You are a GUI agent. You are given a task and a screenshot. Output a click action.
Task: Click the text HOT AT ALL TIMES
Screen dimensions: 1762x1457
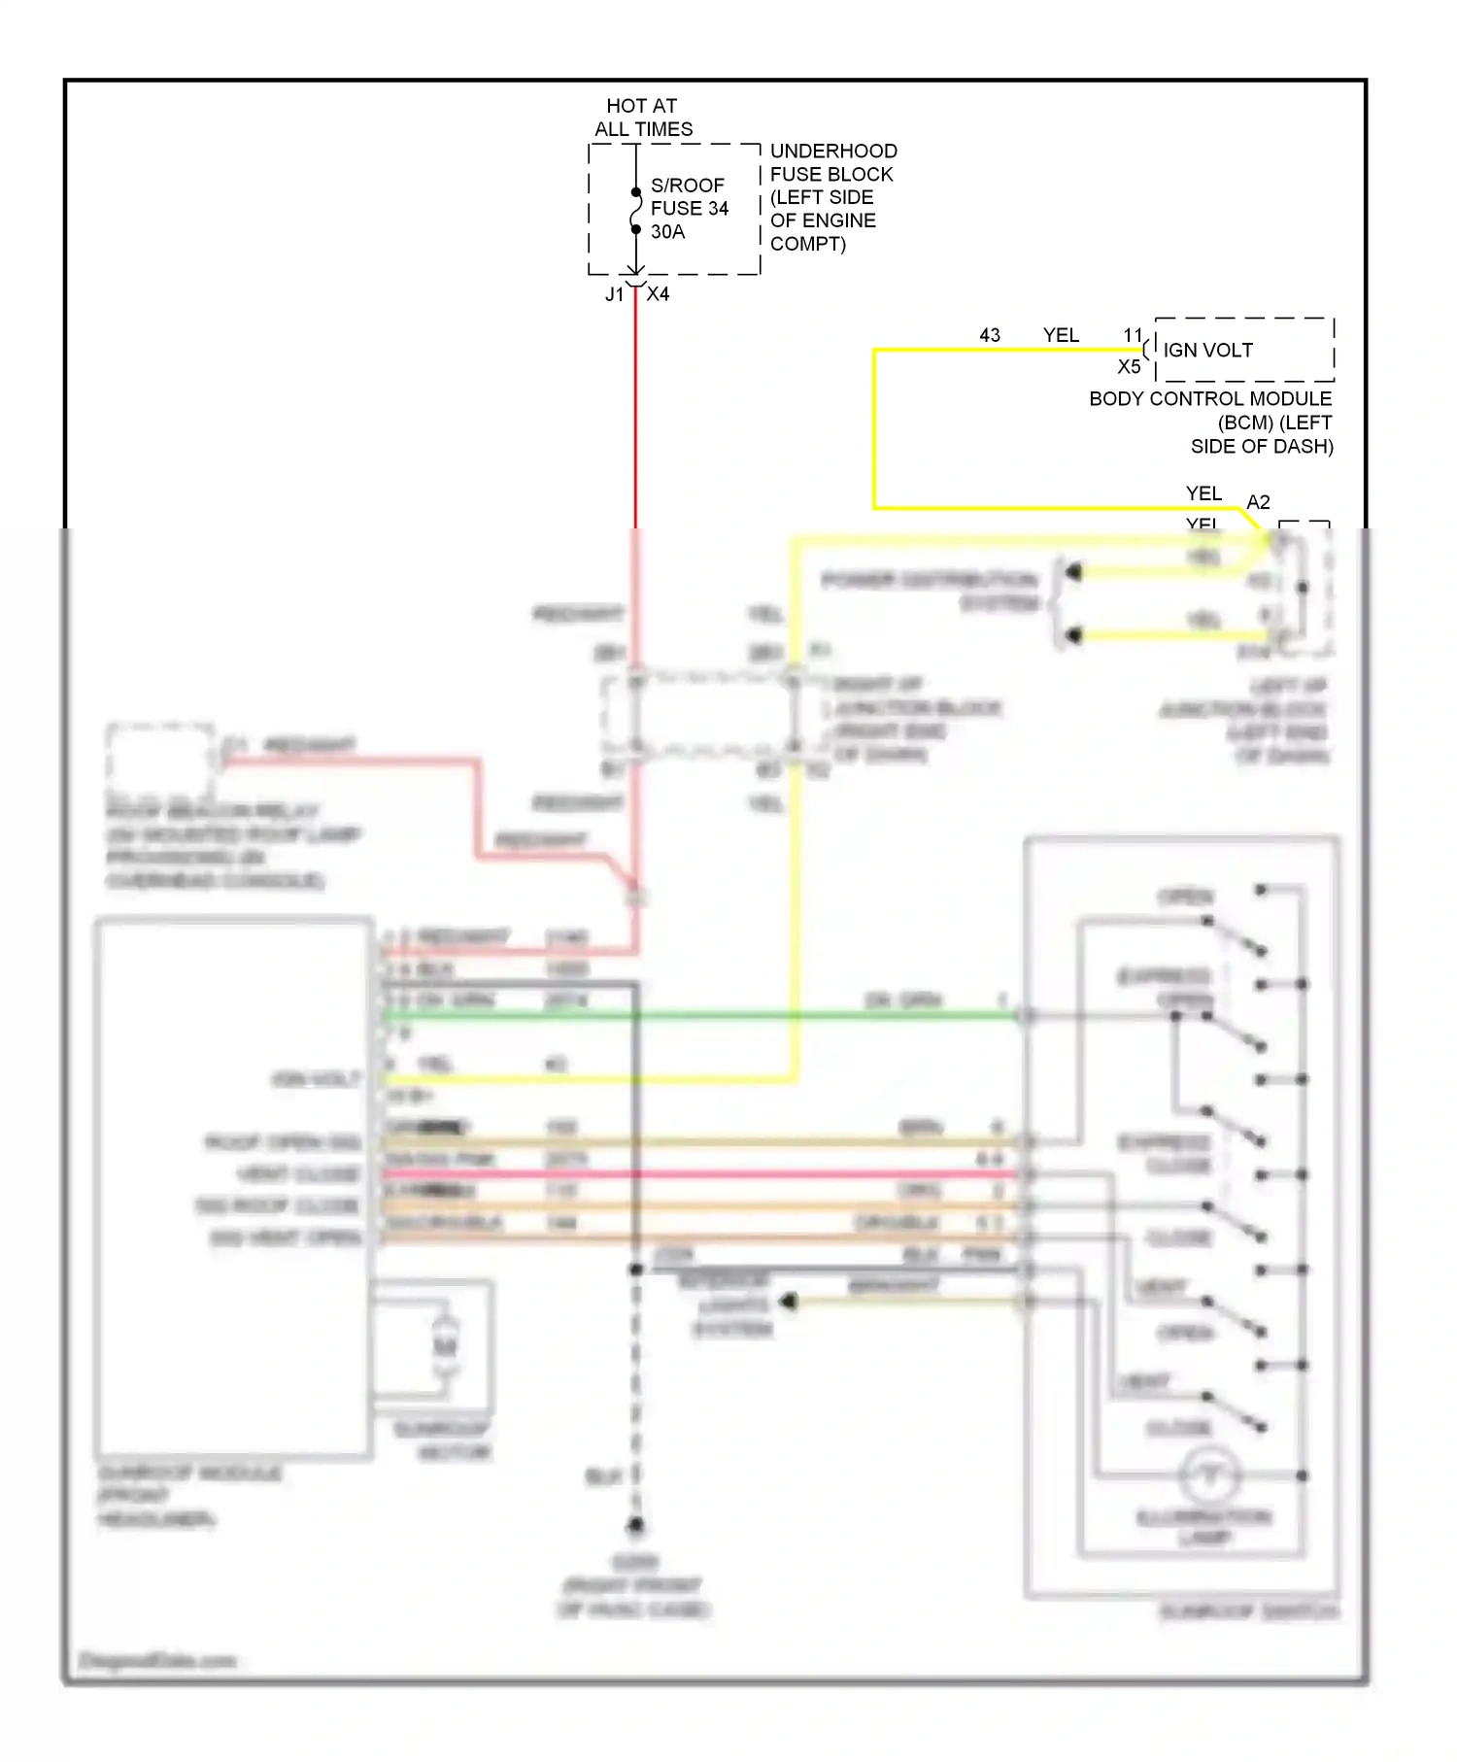click(642, 118)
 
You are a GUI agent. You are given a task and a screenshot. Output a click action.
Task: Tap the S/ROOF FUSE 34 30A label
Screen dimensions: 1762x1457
click(689, 208)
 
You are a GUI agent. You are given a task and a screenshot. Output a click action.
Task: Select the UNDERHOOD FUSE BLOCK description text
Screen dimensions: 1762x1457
click(832, 197)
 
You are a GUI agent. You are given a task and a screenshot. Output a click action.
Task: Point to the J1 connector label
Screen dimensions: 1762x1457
click(614, 294)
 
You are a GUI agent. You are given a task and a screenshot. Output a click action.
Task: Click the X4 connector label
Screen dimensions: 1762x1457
click(658, 294)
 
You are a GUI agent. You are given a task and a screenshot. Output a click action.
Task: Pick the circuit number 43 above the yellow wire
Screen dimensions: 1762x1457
click(989, 335)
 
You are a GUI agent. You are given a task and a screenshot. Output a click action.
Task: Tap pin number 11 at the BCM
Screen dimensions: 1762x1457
click(1133, 335)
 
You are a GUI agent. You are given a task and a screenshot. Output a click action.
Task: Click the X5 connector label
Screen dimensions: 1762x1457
click(1129, 367)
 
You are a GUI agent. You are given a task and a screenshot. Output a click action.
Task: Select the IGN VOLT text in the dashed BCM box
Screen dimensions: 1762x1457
click(1207, 350)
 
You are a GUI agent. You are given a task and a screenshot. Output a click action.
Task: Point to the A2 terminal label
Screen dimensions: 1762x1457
click(1258, 502)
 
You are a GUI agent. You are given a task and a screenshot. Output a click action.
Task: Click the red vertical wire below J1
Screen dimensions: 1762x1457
click(635, 408)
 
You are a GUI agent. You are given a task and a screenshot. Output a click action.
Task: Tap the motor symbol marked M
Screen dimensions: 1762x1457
click(445, 1346)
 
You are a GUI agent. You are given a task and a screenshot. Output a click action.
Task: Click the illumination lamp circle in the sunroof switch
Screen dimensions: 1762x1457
click(1209, 1476)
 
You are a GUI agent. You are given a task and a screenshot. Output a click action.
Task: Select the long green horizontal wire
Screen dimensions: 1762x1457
click(699, 1016)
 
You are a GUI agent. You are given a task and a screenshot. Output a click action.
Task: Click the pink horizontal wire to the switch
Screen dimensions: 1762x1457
click(699, 1174)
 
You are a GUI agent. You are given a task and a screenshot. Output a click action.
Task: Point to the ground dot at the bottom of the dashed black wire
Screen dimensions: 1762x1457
click(635, 1525)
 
